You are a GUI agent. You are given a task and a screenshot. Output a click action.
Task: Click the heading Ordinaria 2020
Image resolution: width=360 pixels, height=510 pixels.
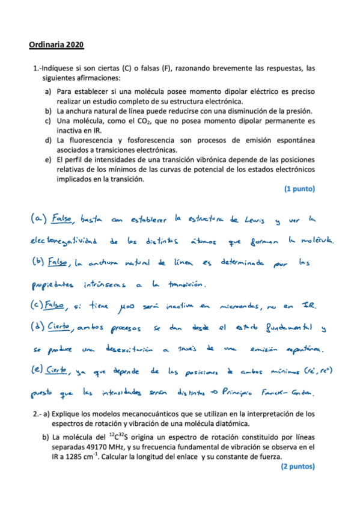(x=56, y=45)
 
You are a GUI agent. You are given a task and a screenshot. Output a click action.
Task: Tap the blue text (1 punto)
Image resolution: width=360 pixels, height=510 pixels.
(x=299, y=188)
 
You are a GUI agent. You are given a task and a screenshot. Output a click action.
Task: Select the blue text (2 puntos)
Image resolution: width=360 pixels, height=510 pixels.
(x=297, y=466)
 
